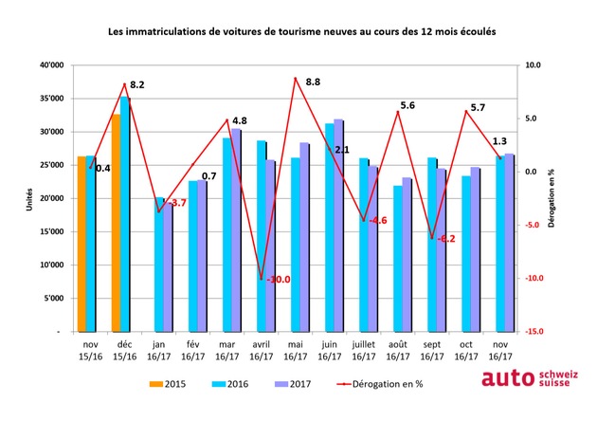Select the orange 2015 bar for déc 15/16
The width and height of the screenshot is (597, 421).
point(116,223)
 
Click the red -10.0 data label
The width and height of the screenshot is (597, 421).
point(277,280)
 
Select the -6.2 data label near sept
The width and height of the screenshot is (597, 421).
point(445,238)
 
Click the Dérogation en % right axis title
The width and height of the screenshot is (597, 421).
point(560,198)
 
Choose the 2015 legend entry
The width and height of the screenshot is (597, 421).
point(166,384)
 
